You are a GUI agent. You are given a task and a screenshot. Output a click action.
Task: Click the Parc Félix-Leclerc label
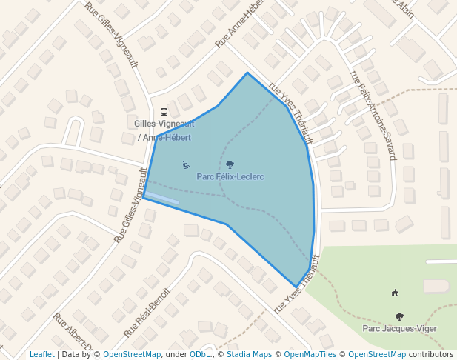[x=230, y=177]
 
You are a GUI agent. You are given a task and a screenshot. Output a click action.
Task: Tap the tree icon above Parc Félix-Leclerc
[x=230, y=165]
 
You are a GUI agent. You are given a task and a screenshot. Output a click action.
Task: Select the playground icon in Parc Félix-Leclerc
[x=186, y=164]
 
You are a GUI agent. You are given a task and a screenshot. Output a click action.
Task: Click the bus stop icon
[x=164, y=113]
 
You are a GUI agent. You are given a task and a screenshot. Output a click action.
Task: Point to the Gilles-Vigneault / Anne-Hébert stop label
[x=164, y=130]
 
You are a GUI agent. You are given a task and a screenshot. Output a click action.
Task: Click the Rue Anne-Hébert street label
[x=239, y=24]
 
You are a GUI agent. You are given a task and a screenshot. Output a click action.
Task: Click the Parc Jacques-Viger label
[x=399, y=328]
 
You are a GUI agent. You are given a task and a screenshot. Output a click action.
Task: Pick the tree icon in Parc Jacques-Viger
[x=400, y=316]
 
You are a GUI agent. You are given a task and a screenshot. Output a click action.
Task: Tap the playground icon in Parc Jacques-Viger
[x=395, y=293]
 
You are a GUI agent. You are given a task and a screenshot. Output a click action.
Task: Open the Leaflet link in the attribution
[x=42, y=354]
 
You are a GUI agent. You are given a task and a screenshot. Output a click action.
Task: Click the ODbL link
[x=200, y=354]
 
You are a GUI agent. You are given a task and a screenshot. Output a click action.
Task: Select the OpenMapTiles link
[x=311, y=354]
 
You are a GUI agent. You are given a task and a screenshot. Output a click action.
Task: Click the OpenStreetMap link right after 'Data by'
[x=132, y=354]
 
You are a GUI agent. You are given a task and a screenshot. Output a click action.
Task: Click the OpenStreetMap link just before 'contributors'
[x=377, y=354]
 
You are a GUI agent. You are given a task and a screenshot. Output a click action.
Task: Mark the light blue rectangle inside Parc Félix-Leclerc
[x=162, y=198]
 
